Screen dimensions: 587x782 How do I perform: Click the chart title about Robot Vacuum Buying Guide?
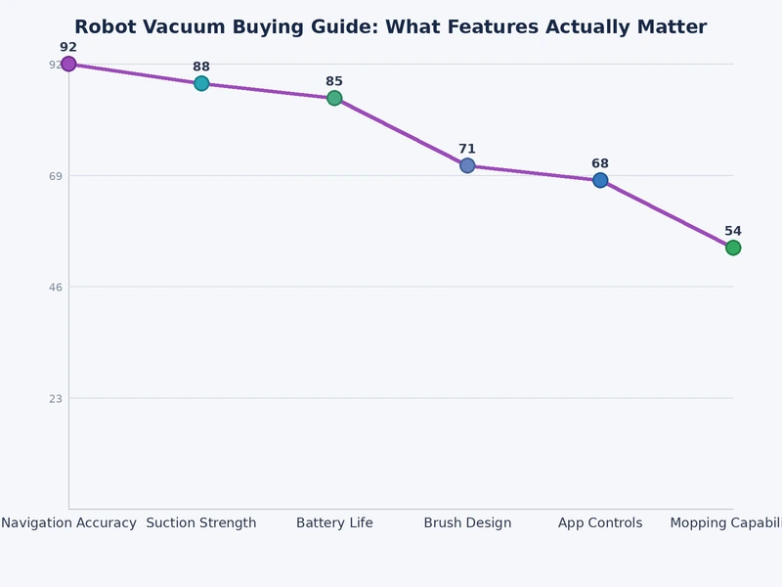click(x=390, y=27)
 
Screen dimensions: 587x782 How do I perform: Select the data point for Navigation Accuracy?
click(x=68, y=65)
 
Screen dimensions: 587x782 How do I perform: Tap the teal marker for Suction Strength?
click(x=201, y=83)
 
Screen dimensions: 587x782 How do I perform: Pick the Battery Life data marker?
click(x=334, y=98)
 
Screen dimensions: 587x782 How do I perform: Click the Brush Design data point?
click(x=467, y=165)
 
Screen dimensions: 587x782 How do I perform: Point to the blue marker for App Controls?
click(x=600, y=180)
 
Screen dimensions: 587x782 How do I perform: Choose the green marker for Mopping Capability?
click(x=732, y=248)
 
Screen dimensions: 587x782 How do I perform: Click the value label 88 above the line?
click(x=201, y=67)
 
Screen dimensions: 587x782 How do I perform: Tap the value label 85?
click(x=334, y=81)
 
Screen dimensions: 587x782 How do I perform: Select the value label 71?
click(x=467, y=149)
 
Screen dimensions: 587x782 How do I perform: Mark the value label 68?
click(x=600, y=163)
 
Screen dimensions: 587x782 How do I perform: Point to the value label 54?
click(x=732, y=231)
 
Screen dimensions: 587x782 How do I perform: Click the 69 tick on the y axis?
click(x=56, y=176)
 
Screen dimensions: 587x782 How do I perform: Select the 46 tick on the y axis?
click(x=56, y=287)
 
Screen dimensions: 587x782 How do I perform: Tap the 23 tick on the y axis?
click(x=56, y=398)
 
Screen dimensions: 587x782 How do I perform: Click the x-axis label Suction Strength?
click(x=201, y=523)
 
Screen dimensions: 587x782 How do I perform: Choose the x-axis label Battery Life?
click(x=334, y=523)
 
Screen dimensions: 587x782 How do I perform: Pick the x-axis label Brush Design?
click(x=467, y=523)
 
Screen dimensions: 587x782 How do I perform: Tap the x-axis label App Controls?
click(x=600, y=523)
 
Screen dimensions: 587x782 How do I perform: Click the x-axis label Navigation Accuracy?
click(x=68, y=523)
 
